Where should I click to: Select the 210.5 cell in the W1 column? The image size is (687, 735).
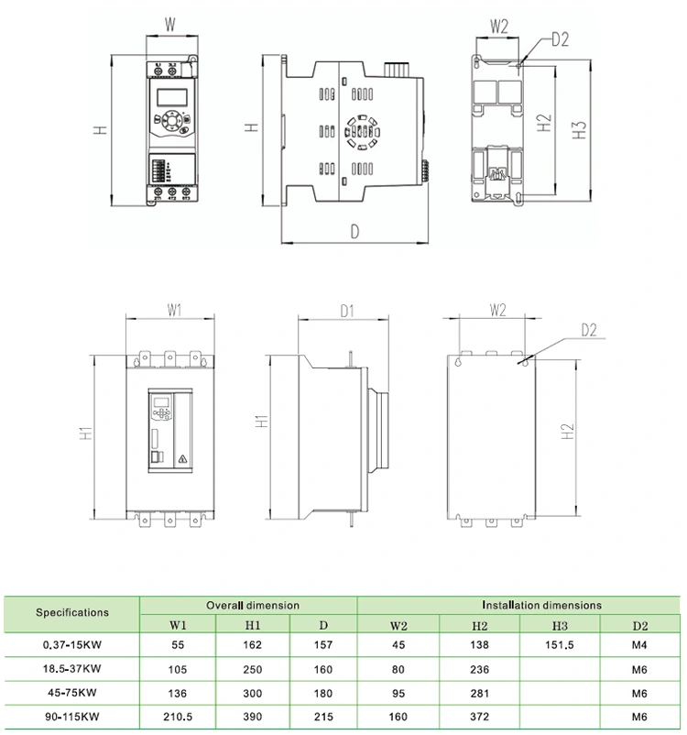click(177, 716)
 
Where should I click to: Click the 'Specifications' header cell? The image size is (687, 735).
click(71, 612)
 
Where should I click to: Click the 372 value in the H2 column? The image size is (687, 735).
click(479, 716)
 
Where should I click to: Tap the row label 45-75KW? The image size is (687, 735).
click(71, 692)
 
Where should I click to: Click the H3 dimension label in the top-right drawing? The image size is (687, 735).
click(579, 128)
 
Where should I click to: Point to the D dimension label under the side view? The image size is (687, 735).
click(354, 232)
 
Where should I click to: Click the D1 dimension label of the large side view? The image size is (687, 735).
click(347, 312)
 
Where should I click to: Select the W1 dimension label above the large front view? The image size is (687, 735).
click(175, 311)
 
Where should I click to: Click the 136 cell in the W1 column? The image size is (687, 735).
click(177, 692)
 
